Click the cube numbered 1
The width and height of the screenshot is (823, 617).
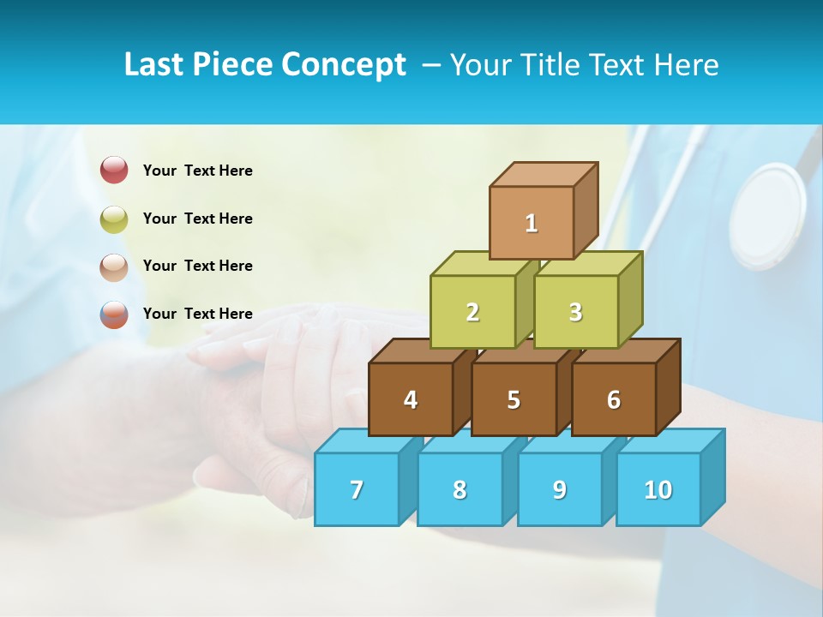tap(532, 223)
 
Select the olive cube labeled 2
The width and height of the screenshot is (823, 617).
tap(472, 312)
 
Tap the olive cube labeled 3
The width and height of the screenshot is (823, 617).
tap(575, 312)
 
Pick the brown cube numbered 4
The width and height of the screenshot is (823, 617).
tap(411, 399)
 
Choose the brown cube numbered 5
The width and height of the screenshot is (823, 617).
tap(514, 399)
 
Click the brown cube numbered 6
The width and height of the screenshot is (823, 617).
tap(614, 399)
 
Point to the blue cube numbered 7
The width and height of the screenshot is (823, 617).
tap(357, 489)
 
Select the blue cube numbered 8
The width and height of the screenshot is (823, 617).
tap(460, 489)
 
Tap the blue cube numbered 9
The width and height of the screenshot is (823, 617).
tap(560, 489)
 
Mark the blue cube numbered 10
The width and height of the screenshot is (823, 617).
tap(658, 489)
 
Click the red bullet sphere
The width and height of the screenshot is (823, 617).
tap(114, 170)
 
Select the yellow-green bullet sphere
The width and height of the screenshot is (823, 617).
tap(114, 219)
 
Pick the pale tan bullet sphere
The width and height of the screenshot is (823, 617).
tap(114, 267)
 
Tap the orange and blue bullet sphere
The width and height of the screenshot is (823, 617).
tap(114, 314)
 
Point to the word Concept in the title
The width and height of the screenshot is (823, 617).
tap(344, 65)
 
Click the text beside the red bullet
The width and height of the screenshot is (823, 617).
tap(198, 171)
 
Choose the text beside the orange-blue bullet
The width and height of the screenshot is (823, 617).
tap(198, 314)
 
